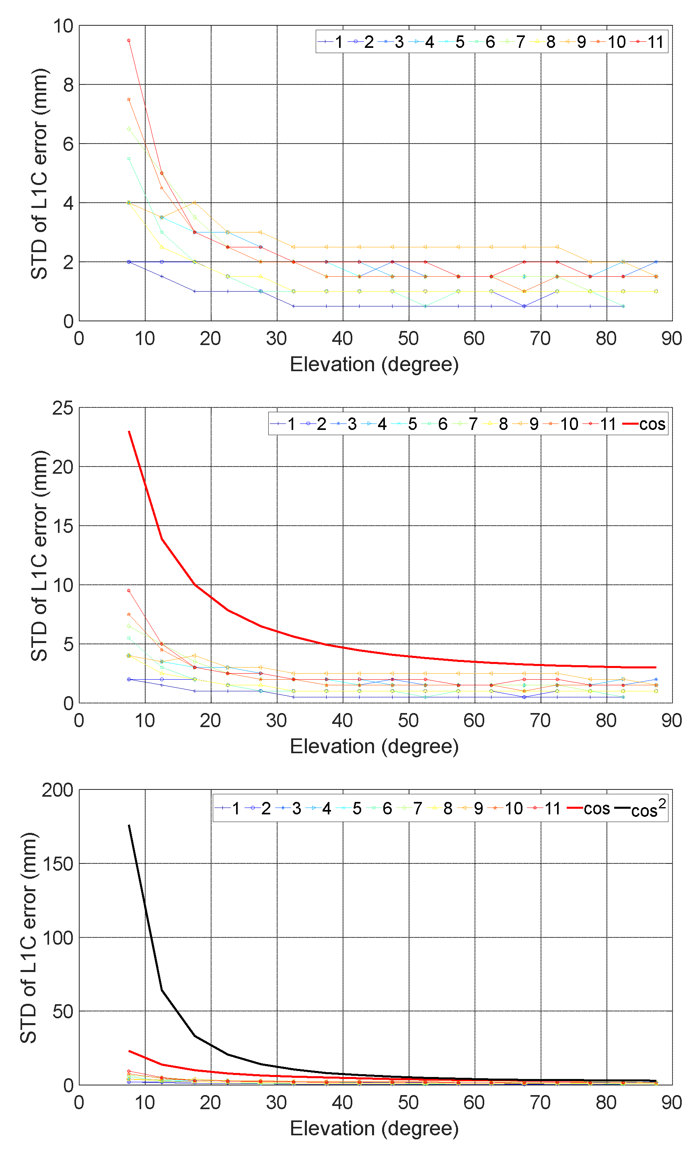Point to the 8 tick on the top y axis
click(x=68, y=85)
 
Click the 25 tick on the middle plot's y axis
click(x=63, y=408)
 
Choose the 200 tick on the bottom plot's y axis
click(x=58, y=790)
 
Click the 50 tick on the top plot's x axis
click(x=408, y=338)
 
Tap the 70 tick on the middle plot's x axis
click(x=540, y=720)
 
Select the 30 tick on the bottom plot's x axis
click(x=276, y=1102)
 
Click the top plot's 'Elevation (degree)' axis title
click(x=374, y=364)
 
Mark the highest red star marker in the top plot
click(x=129, y=40)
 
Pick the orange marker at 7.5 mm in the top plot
click(x=129, y=99)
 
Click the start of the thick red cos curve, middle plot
click(x=129, y=432)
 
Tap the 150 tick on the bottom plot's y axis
click(x=58, y=864)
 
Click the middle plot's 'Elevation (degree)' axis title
click(x=374, y=746)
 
